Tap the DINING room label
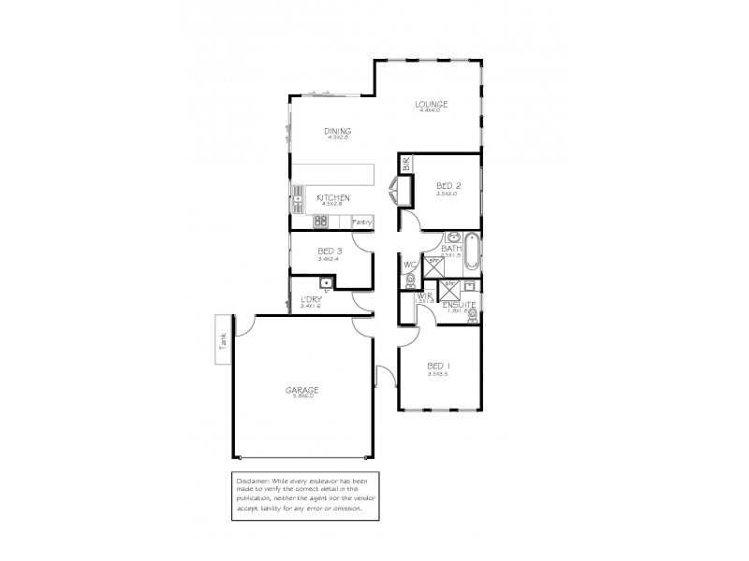tap(336, 131)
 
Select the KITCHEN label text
tap(333, 198)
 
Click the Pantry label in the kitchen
tap(362, 223)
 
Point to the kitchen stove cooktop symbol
tap(319, 222)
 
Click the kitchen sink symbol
tap(299, 197)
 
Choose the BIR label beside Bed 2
tap(406, 165)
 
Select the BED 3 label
tap(330, 251)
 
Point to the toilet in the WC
tap(410, 277)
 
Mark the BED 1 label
tap(438, 366)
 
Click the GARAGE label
tap(303, 390)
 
